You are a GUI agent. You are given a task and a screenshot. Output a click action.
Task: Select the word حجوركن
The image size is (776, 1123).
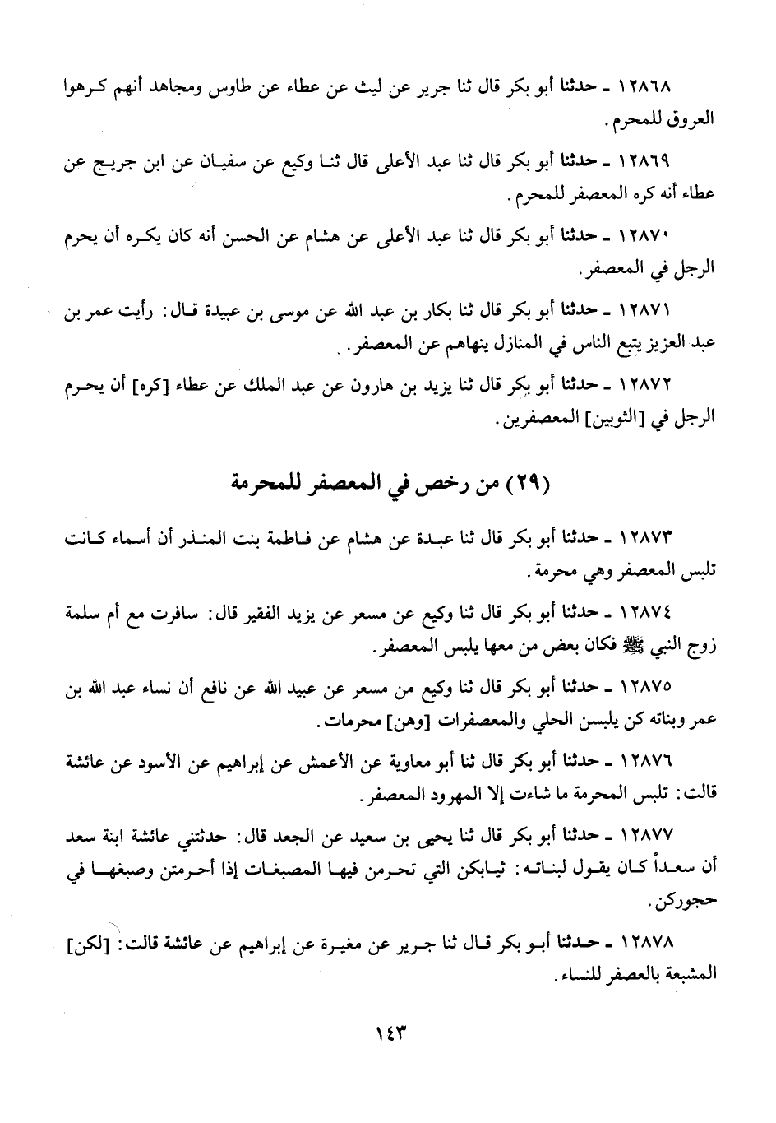point(690,903)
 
